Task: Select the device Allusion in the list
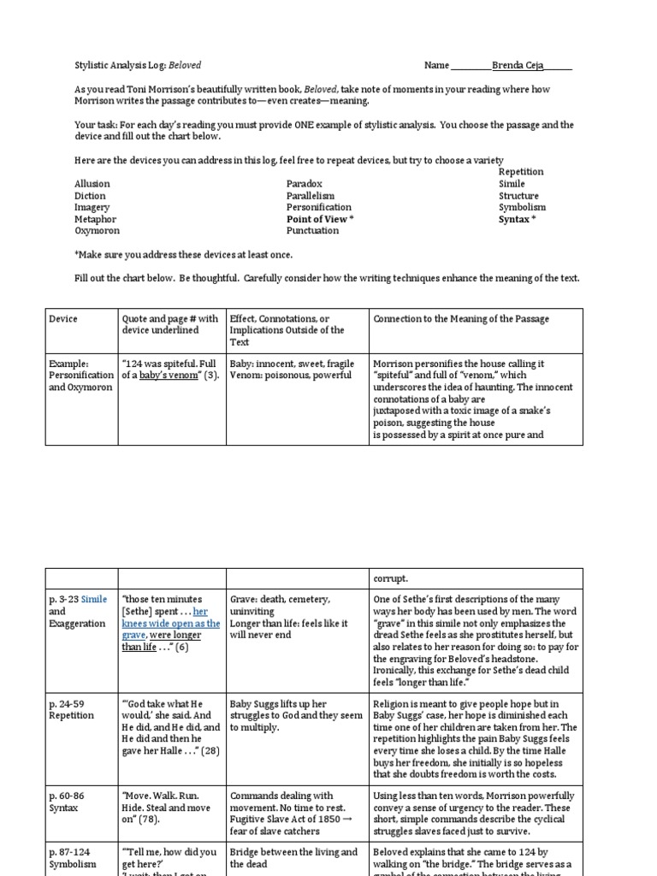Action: (x=92, y=184)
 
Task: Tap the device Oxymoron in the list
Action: (x=97, y=230)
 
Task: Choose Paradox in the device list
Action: (x=304, y=184)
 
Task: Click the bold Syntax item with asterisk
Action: (x=517, y=219)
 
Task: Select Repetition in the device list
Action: (x=520, y=172)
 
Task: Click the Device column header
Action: (x=63, y=319)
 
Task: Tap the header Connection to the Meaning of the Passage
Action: (x=461, y=319)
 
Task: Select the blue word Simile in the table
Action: (x=94, y=600)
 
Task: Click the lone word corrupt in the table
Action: (x=389, y=579)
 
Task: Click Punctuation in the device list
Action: (x=312, y=230)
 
